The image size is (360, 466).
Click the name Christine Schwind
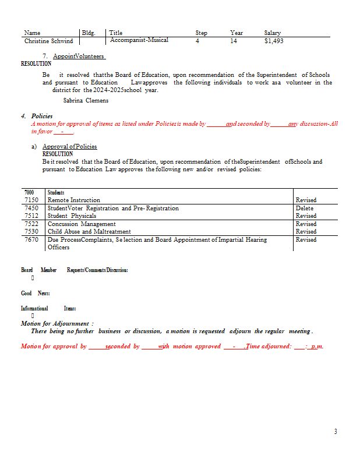click(x=48, y=41)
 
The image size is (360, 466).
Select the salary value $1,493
click(x=274, y=41)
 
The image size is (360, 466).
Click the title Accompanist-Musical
click(x=139, y=40)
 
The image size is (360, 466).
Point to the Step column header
click(x=201, y=33)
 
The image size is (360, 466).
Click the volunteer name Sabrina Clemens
click(x=86, y=100)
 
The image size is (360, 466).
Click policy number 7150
click(x=31, y=200)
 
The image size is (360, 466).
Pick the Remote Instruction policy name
click(x=73, y=200)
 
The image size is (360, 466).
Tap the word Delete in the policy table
click(x=305, y=208)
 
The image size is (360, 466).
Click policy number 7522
click(x=31, y=224)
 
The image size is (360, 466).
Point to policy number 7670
click(x=31, y=239)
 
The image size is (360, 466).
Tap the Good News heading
click(x=35, y=293)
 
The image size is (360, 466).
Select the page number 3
click(x=336, y=432)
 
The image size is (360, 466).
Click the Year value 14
click(x=234, y=41)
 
